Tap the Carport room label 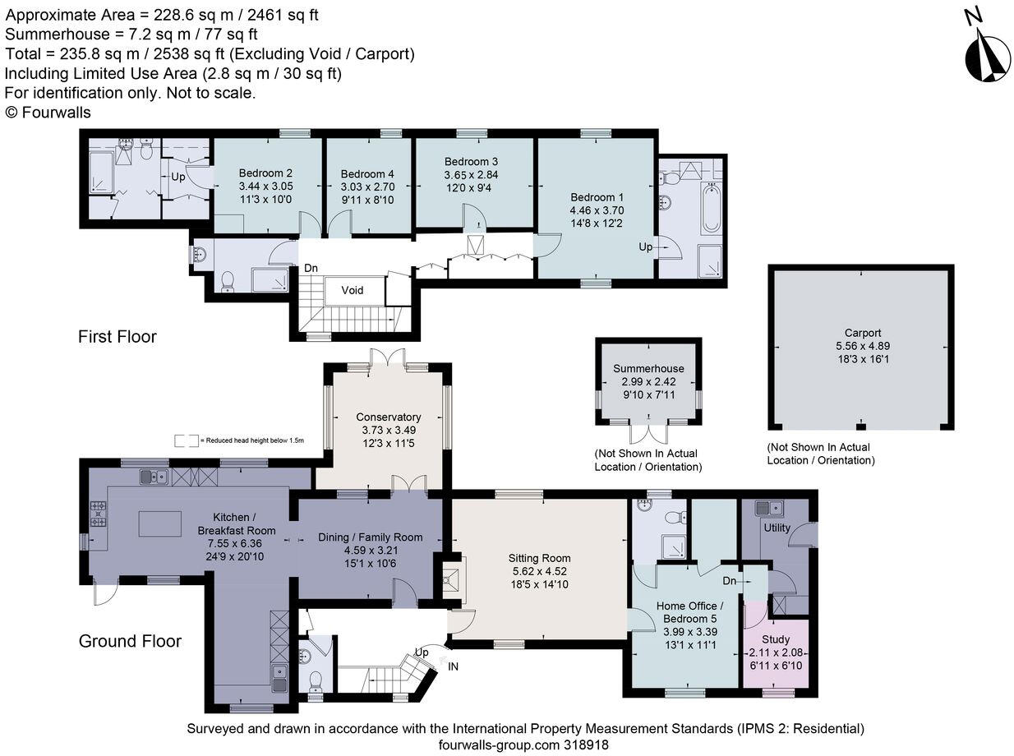tap(863, 333)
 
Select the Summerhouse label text tap(648, 368)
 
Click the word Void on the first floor tap(352, 290)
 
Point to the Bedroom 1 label tap(597, 197)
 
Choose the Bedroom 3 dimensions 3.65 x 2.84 tap(471, 175)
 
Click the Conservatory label tap(388, 417)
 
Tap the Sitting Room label tap(539, 558)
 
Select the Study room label tap(775, 639)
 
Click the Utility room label tap(777, 528)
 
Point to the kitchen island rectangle tap(160, 523)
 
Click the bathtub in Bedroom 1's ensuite tap(711, 208)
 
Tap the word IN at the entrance tap(453, 666)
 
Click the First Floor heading tap(118, 337)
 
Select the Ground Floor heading tap(130, 641)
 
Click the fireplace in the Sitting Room tap(454, 580)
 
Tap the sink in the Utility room tap(768, 508)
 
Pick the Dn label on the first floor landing tap(311, 268)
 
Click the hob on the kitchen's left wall tap(98, 514)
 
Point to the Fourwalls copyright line tap(48, 113)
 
